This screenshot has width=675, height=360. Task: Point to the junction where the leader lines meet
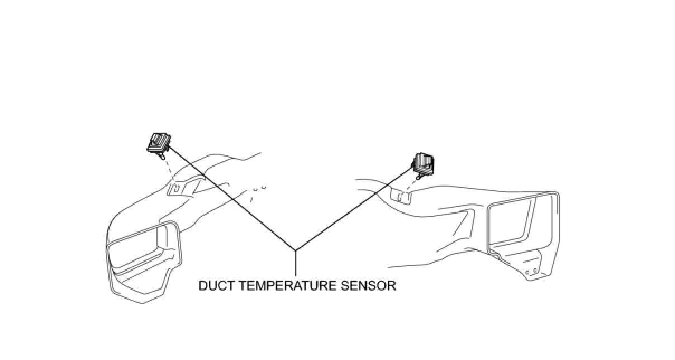(295, 250)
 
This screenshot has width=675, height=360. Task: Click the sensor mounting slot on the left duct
(174, 188)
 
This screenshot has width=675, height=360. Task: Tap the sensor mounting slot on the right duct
(400, 194)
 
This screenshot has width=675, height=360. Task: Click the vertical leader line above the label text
(295, 264)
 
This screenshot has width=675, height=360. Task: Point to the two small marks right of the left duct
(260, 188)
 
